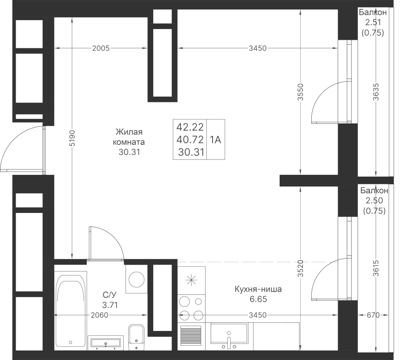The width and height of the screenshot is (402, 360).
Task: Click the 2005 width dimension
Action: (x=101, y=48)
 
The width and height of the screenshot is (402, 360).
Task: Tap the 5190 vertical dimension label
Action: (x=72, y=138)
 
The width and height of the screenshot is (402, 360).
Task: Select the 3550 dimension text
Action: (x=301, y=92)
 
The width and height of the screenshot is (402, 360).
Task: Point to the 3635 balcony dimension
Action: (x=376, y=92)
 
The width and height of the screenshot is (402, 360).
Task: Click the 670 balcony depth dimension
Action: (x=373, y=315)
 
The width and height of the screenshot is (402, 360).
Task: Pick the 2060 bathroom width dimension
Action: (x=100, y=315)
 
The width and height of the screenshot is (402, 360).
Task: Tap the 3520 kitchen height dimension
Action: (x=301, y=269)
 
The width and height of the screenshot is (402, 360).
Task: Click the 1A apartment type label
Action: (x=215, y=140)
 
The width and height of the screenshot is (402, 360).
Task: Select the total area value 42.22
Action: (x=190, y=127)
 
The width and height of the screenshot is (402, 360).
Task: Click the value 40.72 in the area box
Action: (x=190, y=140)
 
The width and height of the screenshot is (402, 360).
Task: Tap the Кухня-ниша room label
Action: (x=258, y=289)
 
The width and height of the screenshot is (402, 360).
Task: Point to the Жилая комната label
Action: (x=129, y=137)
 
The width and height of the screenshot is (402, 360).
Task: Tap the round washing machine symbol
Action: (x=136, y=279)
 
